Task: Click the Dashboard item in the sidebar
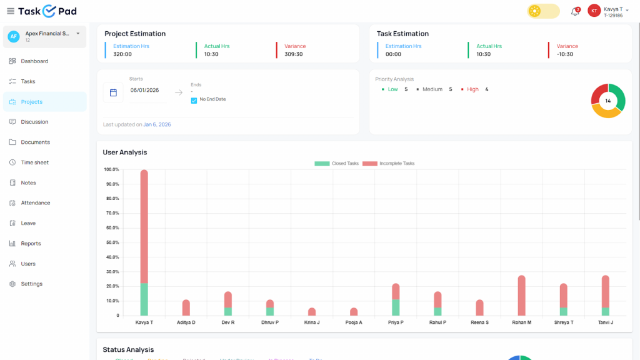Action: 34,61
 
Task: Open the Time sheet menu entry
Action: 34,162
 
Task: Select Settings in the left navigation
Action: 31,284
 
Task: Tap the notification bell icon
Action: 575,11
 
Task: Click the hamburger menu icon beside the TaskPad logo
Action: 10,11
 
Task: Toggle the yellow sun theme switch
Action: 543,11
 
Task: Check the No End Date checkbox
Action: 194,99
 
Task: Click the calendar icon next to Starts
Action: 113,92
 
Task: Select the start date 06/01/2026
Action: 144,90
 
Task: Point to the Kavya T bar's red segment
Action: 144,225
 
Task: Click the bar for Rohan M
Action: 521,295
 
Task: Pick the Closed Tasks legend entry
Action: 337,163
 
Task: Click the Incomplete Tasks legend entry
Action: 389,163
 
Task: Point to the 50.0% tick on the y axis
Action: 112,242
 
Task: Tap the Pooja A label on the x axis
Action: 354,322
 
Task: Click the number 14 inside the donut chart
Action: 608,101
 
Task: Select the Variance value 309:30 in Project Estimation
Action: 293,54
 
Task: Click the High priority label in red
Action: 472,89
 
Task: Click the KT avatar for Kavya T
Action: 594,11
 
